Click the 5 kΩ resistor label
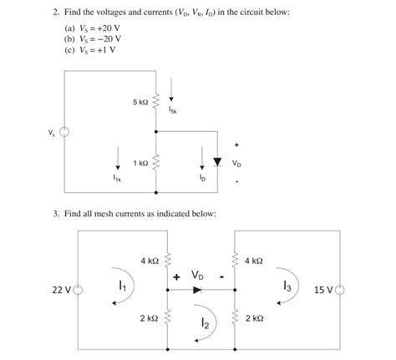click(140, 102)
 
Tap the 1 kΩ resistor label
click(140, 164)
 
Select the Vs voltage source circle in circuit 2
click(63, 132)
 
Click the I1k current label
click(118, 177)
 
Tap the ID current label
click(201, 177)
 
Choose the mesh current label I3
click(287, 286)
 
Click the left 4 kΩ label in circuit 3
click(149, 261)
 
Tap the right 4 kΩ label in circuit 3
click(253, 261)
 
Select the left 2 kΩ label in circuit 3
click(149, 318)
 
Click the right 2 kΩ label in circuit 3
click(253, 318)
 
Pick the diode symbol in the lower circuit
click(197, 290)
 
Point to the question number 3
click(55, 214)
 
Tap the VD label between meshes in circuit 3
click(198, 274)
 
